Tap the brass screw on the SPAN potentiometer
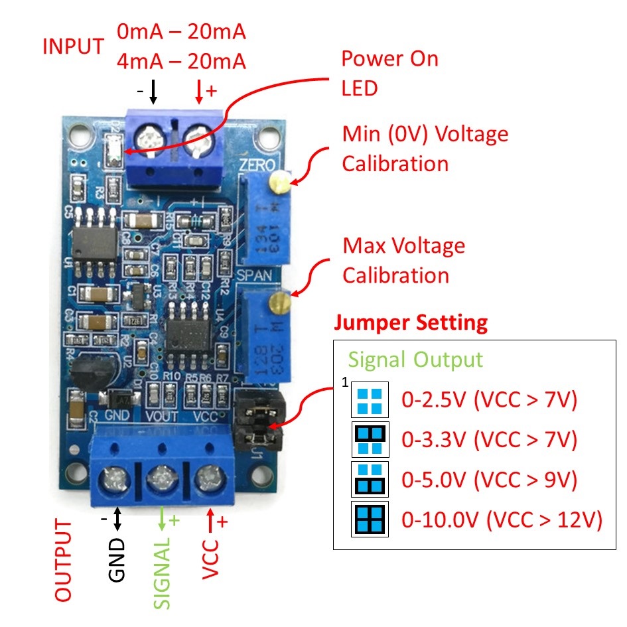(x=277, y=304)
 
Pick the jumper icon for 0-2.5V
(x=370, y=400)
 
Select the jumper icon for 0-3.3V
(x=370, y=439)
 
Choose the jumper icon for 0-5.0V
(x=370, y=479)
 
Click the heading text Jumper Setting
(x=411, y=323)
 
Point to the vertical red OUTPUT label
(x=63, y=561)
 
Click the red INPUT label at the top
(x=73, y=47)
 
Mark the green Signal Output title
(x=415, y=360)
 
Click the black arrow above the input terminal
(x=153, y=92)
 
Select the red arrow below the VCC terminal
(x=210, y=521)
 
